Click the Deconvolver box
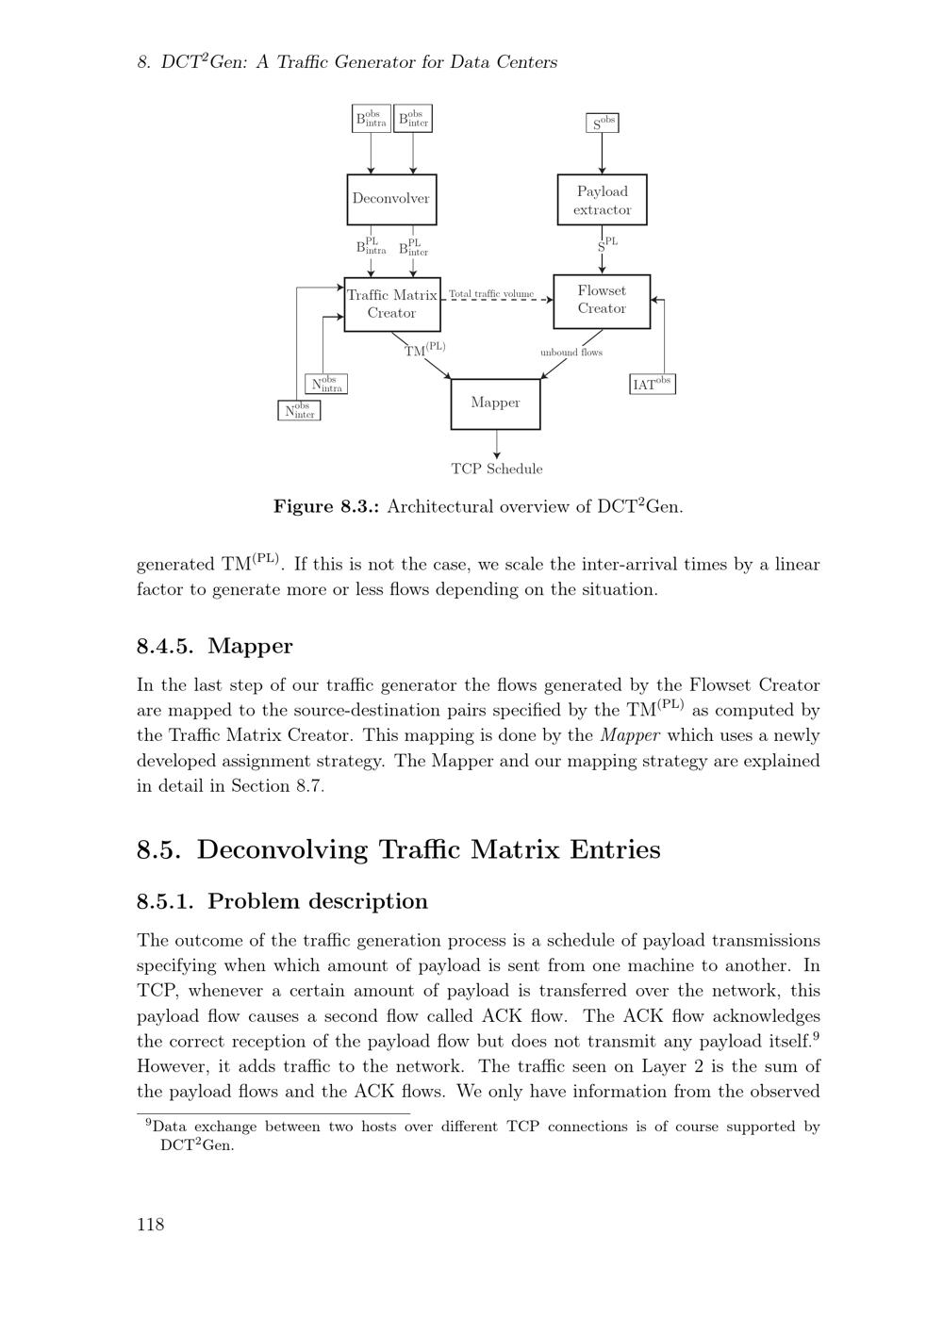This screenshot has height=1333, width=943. pos(391,199)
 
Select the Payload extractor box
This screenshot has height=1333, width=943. pos(602,200)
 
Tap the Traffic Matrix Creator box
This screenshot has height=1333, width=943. pos(391,304)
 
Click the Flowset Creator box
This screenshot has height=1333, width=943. pos(602,300)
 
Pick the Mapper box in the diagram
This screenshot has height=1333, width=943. pos(495,403)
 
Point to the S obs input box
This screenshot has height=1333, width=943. pos(603,123)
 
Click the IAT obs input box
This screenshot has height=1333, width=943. pos(653,384)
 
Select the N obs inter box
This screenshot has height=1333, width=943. pos(300,411)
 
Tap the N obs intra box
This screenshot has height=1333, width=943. pos(327,385)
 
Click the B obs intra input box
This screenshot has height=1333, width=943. pos(371,119)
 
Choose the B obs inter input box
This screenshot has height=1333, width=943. pos(413,119)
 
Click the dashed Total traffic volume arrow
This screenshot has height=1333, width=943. pos(496,300)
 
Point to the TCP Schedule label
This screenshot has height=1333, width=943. pos(497,469)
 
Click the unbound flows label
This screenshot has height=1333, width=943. pos(571,353)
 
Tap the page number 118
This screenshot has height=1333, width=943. pos(151,1225)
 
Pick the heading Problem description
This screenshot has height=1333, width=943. pos(318,901)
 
